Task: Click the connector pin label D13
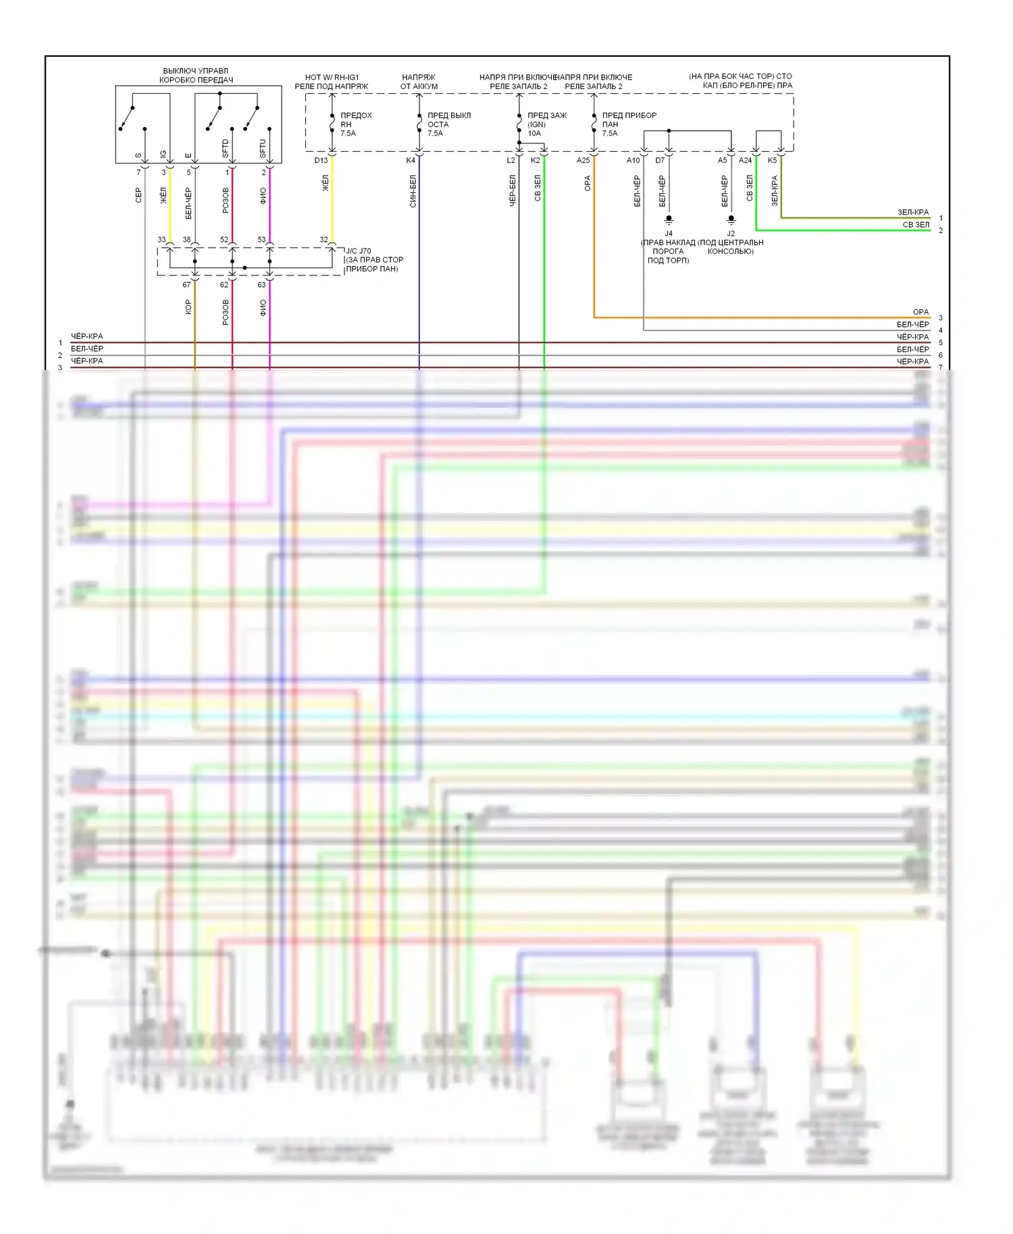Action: pyautogui.click(x=321, y=160)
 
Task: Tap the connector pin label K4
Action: pyautogui.click(x=411, y=160)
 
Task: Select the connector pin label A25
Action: pyautogui.click(x=583, y=160)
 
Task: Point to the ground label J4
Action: pyautogui.click(x=669, y=234)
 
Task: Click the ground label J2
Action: pyautogui.click(x=731, y=234)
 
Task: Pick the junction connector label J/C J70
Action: pyautogui.click(x=359, y=251)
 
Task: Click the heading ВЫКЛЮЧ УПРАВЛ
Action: pyautogui.click(x=196, y=71)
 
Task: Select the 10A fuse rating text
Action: pyautogui.click(x=534, y=134)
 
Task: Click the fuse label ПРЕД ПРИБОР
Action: pyautogui.click(x=629, y=115)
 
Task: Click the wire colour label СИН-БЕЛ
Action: pyautogui.click(x=413, y=191)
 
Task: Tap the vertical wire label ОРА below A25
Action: pyautogui.click(x=588, y=184)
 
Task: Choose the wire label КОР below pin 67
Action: pyautogui.click(x=188, y=307)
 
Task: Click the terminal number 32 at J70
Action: pyautogui.click(x=323, y=240)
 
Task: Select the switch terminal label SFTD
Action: pyautogui.click(x=226, y=149)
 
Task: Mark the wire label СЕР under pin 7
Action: pyautogui.click(x=138, y=196)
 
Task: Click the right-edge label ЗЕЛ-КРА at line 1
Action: pyautogui.click(x=913, y=213)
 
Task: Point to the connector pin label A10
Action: pyautogui.click(x=633, y=160)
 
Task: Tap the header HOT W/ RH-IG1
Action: pyautogui.click(x=332, y=78)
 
